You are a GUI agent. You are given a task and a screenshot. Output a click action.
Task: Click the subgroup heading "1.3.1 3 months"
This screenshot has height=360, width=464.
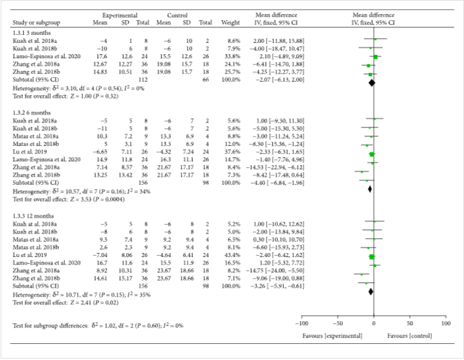pos(31,31)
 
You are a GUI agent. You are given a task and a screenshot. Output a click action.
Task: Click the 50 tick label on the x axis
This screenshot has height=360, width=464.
pos(410,323)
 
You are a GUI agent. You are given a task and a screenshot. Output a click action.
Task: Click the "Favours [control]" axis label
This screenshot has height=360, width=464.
pos(409,334)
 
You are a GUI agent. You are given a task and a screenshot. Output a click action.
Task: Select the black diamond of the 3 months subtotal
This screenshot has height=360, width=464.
pos(370,82)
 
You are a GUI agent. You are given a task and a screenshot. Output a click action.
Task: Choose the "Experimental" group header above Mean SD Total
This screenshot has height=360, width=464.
pos(120,14)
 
